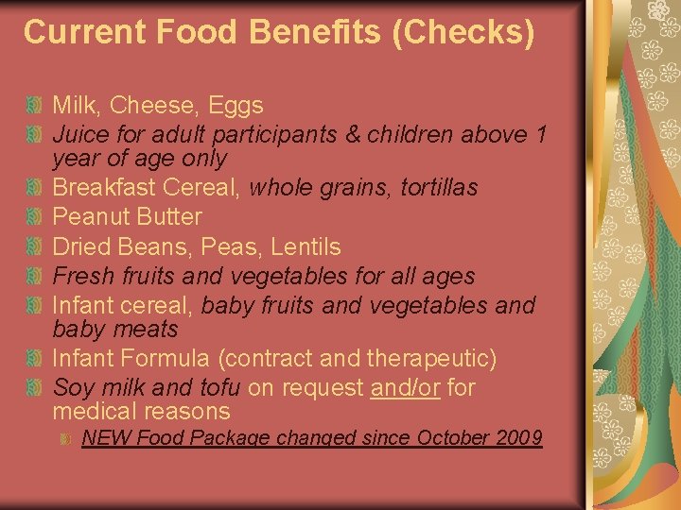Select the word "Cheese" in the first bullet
click(x=155, y=105)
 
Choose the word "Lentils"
click(x=305, y=246)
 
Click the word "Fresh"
click(x=82, y=276)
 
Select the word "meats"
click(x=147, y=330)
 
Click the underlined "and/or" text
click(x=406, y=387)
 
